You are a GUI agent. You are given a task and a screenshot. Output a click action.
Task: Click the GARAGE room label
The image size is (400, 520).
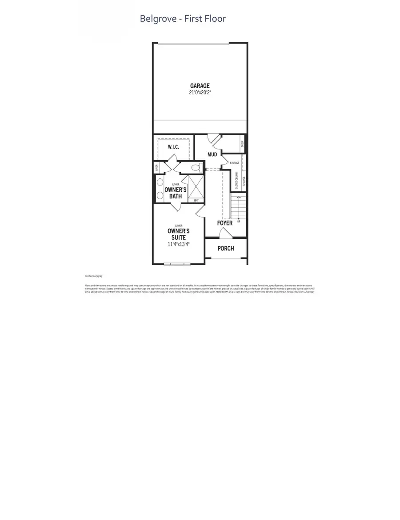point(200,86)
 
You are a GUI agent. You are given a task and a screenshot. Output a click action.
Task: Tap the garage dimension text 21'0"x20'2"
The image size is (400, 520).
point(200,93)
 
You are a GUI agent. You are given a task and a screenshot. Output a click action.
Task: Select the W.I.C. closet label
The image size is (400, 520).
point(173,147)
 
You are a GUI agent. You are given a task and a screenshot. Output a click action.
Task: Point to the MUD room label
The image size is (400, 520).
point(212,155)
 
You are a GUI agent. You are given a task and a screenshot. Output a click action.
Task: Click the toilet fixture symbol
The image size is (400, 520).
point(196,168)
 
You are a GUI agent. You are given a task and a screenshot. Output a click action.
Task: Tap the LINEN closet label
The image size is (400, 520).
point(156,168)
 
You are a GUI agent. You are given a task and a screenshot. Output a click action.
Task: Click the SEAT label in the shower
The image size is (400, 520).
point(196,200)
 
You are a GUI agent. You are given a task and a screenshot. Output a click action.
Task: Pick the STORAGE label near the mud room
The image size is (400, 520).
point(234,163)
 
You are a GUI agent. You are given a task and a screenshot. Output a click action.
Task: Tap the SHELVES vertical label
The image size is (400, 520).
point(244,181)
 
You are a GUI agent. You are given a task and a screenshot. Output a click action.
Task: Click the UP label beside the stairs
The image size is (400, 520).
point(239,221)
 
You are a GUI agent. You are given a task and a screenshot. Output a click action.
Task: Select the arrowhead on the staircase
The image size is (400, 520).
point(238,197)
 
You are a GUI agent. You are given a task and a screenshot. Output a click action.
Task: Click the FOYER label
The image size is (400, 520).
point(225,223)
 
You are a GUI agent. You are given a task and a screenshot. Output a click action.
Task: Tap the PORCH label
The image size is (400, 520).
point(226,248)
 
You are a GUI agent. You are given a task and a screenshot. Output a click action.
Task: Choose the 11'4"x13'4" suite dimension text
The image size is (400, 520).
point(178,244)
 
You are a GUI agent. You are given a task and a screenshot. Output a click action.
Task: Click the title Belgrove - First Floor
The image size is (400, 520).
point(183,19)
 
